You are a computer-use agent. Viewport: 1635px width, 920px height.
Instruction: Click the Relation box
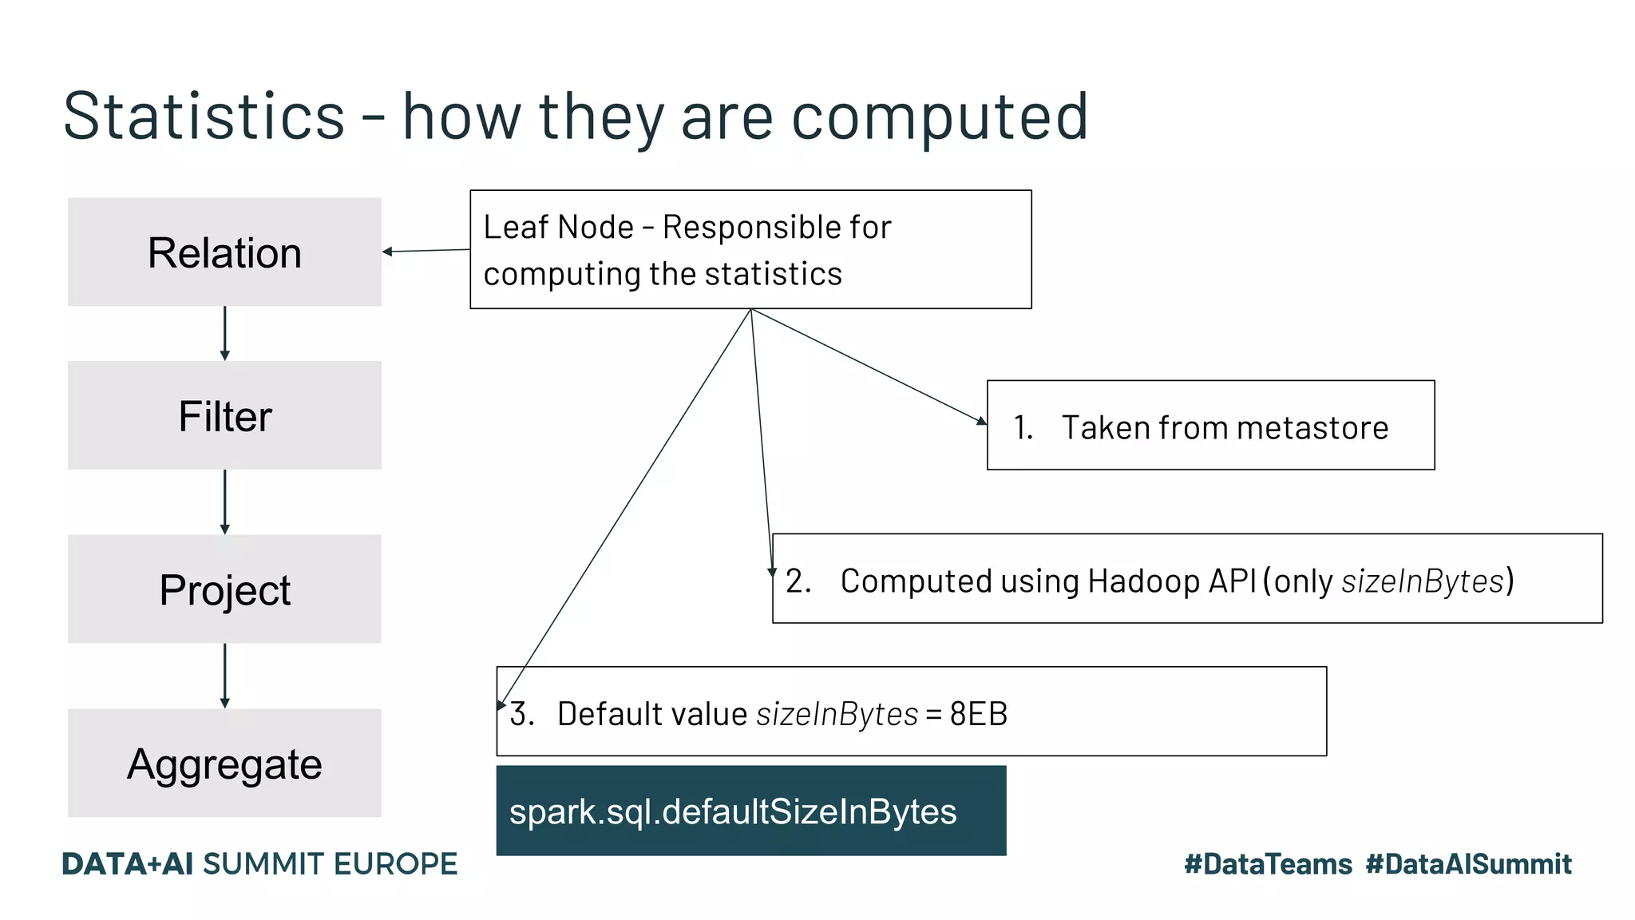tap(224, 252)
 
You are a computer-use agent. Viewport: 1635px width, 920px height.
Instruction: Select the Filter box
tap(224, 415)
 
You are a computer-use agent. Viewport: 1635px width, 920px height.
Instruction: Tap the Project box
tap(224, 589)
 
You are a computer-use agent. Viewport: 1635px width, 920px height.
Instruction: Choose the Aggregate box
tap(224, 763)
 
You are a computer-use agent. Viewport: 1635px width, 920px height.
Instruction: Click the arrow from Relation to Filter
tap(224, 333)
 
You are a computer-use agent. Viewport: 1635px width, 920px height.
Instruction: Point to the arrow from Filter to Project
tap(224, 502)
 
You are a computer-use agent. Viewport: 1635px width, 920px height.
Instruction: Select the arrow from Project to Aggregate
tap(224, 676)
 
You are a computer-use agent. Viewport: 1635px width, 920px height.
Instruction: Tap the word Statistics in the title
tap(204, 117)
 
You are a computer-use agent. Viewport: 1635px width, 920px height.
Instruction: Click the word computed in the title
tap(940, 117)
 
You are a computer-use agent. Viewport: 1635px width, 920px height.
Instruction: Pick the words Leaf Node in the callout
tap(558, 228)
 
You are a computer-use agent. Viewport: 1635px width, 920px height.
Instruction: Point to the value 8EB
tap(978, 713)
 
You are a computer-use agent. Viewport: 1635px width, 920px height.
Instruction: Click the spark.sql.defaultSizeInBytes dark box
tap(750, 811)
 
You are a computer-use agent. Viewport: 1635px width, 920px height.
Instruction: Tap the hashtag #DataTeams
tap(1268, 864)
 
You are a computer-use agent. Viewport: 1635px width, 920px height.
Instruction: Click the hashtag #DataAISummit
tap(1468, 864)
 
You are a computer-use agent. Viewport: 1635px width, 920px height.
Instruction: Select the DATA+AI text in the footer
tap(127, 864)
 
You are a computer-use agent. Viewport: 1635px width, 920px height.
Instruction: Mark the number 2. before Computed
tap(798, 581)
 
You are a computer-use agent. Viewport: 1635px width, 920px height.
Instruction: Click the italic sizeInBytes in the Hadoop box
tap(1422, 581)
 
